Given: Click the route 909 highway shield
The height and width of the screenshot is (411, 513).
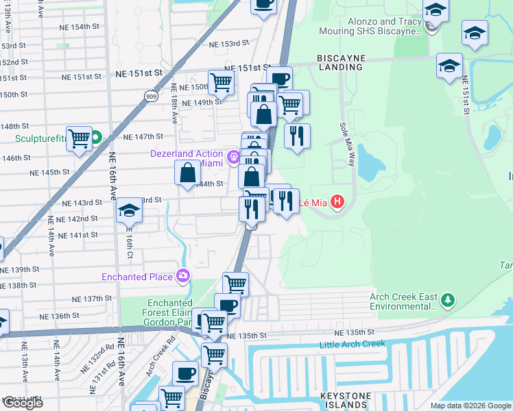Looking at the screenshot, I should tap(152, 97).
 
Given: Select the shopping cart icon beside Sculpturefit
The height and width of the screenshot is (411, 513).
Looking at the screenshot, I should tap(80, 138).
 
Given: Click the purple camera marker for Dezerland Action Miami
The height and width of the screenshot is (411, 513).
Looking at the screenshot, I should tap(234, 158).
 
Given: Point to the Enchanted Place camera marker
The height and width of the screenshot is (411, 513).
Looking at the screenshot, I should tap(183, 277).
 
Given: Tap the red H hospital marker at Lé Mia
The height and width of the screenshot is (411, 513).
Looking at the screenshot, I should tap(337, 202).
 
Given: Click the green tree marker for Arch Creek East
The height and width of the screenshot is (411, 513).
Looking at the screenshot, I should tap(448, 300).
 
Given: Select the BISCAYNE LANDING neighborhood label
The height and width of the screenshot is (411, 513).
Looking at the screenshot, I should tap(340, 62).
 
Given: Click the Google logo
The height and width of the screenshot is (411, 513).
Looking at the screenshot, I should tap(22, 403).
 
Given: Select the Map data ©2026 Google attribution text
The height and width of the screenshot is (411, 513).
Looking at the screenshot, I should tap(470, 406).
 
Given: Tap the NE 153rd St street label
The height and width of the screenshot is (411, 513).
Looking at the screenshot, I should tap(228, 43).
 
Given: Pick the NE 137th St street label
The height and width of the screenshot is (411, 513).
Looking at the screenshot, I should tap(93, 299).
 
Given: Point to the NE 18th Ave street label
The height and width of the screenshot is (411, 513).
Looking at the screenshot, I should tap(175, 103).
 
